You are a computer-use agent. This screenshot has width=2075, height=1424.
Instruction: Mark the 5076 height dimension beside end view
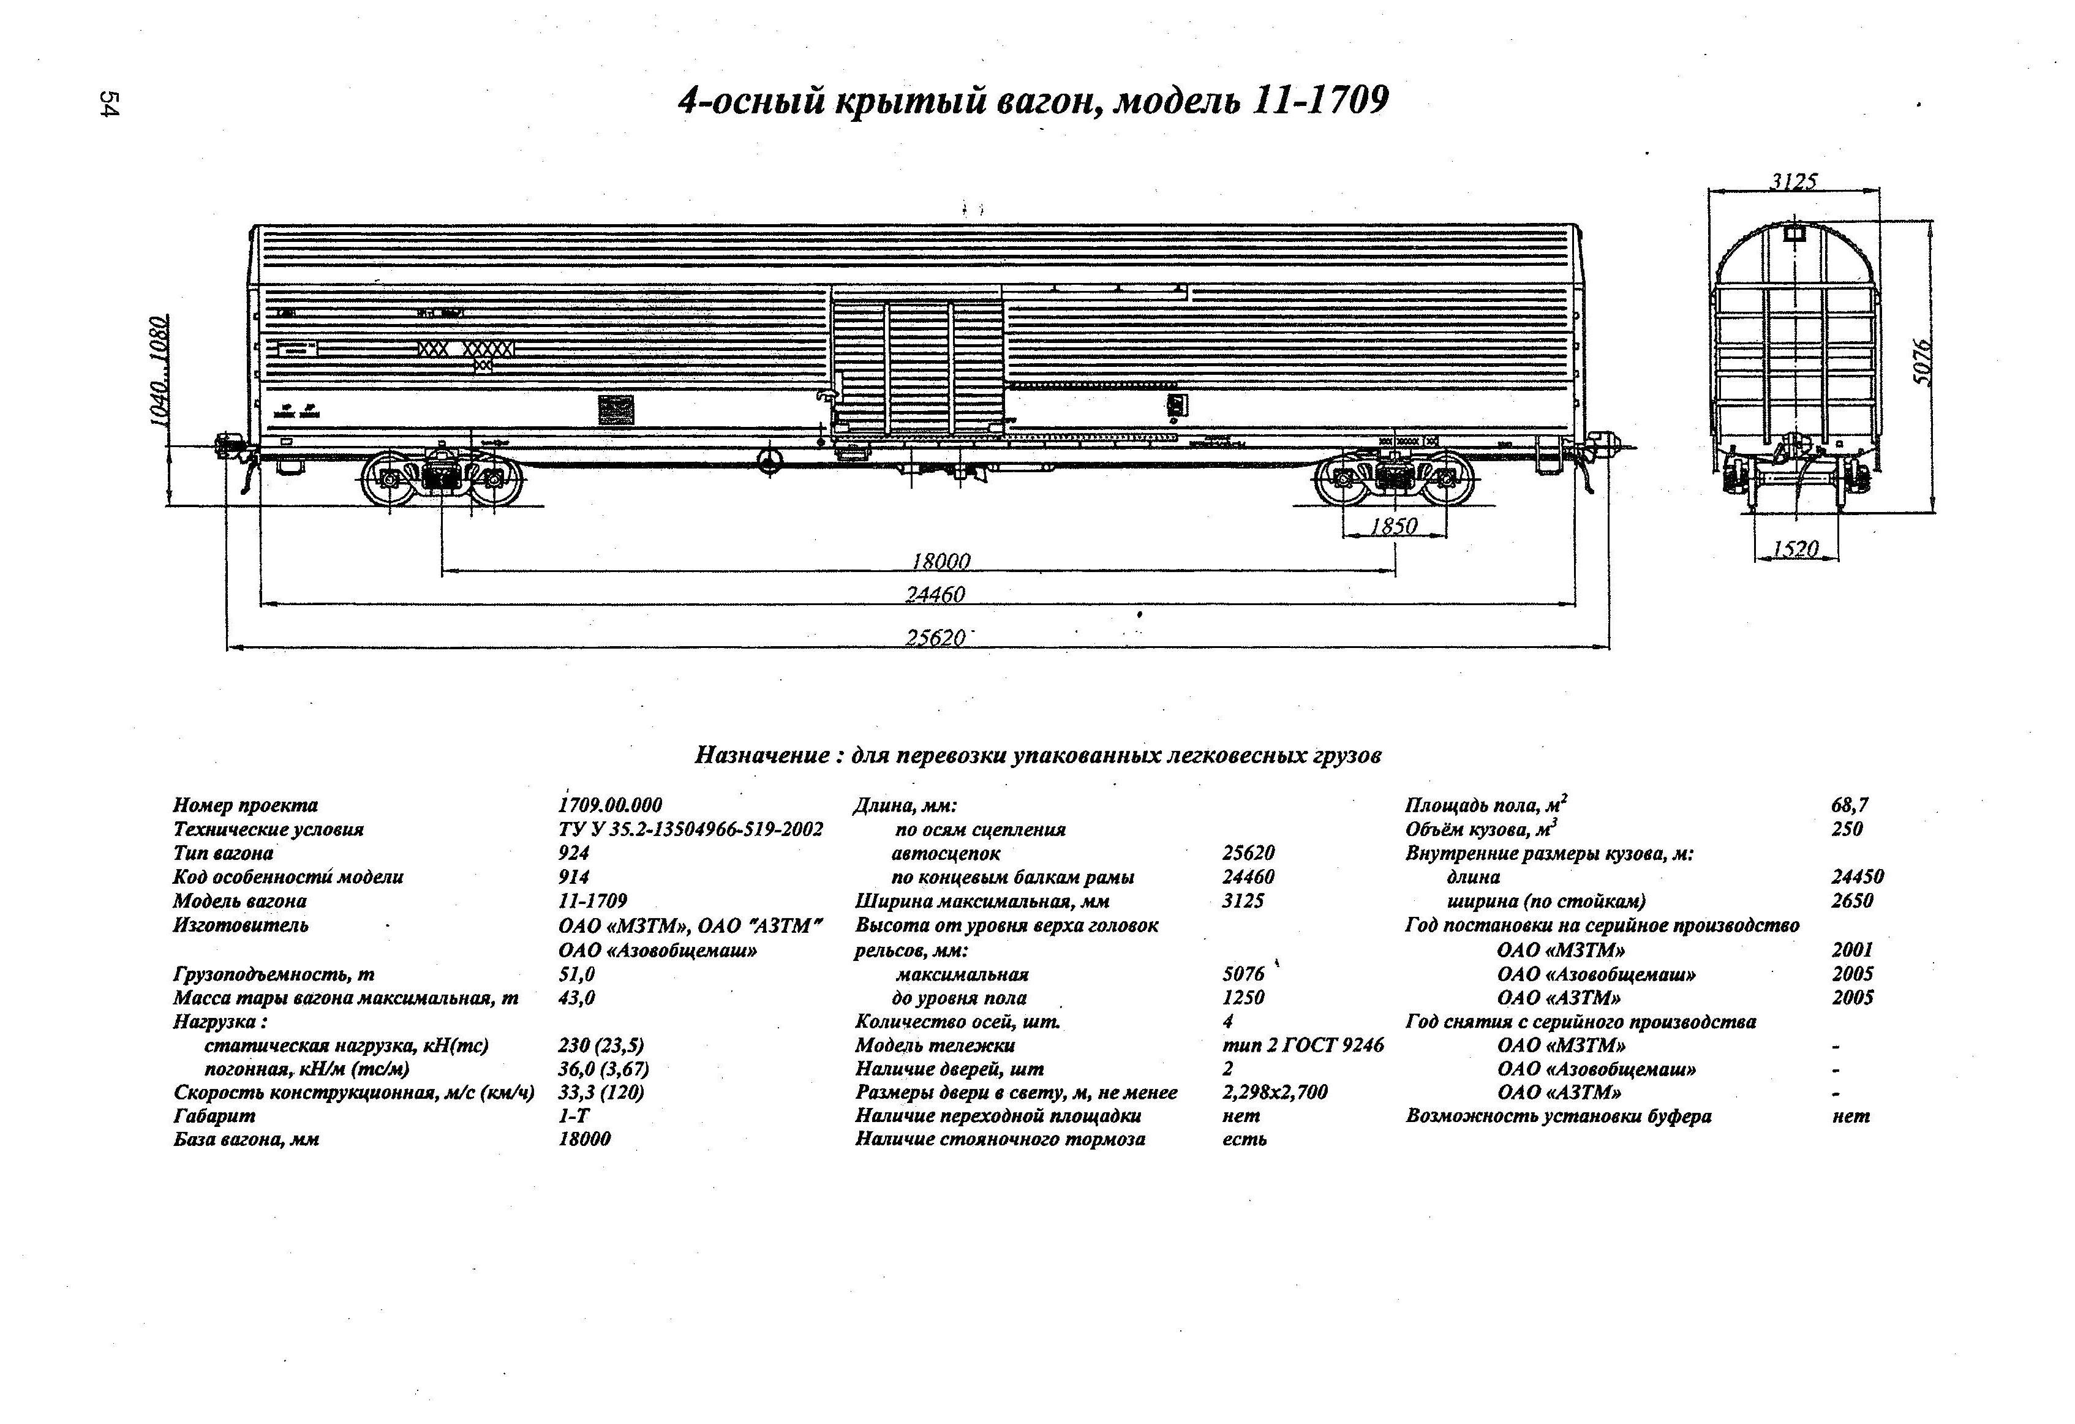(1923, 361)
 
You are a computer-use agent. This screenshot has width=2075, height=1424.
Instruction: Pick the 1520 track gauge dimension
(1796, 548)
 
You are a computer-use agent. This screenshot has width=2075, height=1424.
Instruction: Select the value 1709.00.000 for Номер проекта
(610, 805)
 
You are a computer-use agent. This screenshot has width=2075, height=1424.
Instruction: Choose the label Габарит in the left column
(214, 1115)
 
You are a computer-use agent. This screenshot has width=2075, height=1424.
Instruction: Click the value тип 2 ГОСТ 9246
(1303, 1044)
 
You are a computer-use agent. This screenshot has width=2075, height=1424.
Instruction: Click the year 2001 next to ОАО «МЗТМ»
(1852, 949)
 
